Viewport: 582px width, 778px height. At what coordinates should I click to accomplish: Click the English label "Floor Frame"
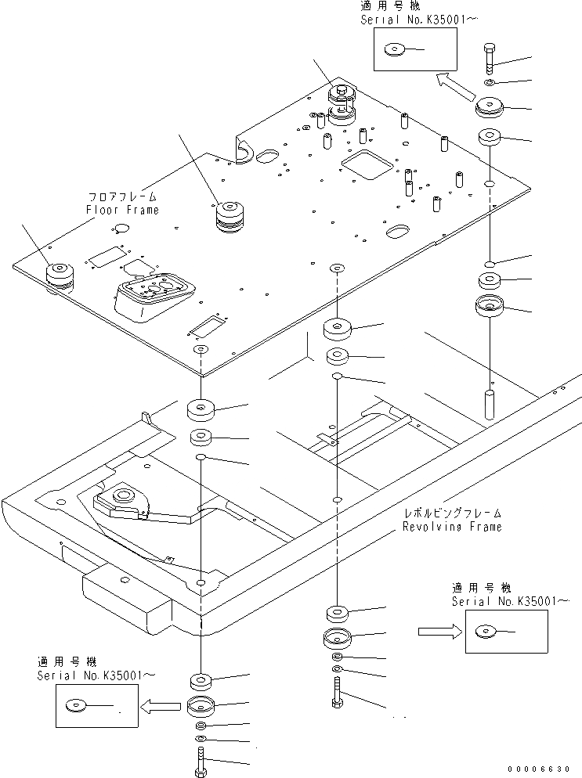tap(121, 210)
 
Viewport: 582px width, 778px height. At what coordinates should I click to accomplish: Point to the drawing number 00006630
tap(544, 769)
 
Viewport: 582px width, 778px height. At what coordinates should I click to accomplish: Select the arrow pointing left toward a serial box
tap(160, 706)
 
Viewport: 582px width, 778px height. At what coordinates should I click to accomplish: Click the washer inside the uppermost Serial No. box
tap(393, 51)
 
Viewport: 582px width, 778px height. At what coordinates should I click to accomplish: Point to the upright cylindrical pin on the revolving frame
tap(489, 403)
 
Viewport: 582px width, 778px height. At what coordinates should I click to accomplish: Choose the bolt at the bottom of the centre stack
tap(336, 693)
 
